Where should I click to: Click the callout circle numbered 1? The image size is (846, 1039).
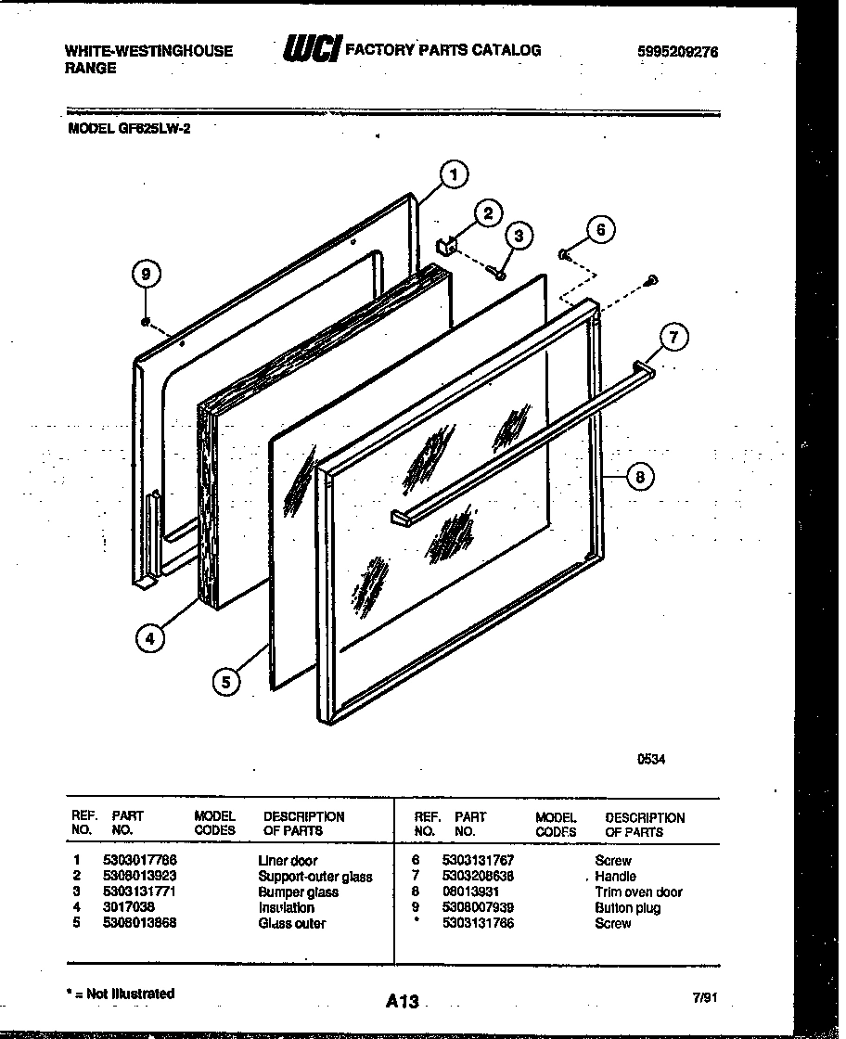454,173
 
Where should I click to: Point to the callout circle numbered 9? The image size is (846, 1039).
144,275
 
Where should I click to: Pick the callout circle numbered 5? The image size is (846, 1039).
224,683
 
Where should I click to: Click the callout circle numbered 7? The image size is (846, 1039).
674,339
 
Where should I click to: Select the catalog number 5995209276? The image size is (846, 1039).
677,53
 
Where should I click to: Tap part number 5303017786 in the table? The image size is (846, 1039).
140,861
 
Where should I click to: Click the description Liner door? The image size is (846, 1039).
288,861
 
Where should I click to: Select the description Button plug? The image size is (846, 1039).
628,908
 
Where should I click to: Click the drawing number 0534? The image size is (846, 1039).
650,759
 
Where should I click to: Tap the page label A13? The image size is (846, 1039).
403,1001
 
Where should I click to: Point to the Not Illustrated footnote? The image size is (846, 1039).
122,994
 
